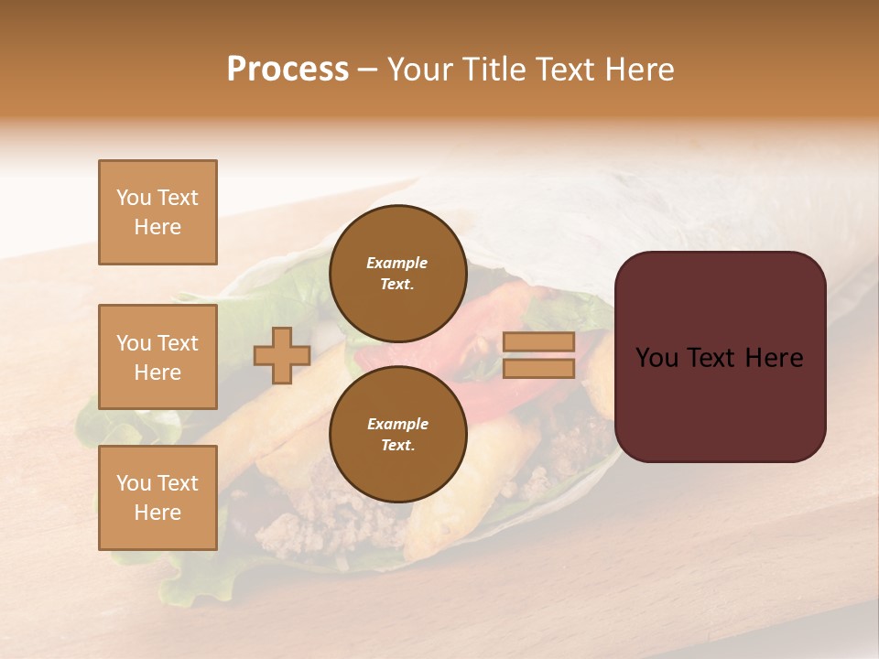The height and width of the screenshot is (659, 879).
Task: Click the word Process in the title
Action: [288, 70]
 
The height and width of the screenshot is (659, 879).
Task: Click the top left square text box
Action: [157, 212]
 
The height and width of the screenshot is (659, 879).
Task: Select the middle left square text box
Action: [157, 357]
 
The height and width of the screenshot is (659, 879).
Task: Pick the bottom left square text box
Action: [157, 498]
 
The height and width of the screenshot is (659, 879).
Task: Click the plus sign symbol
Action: [282, 355]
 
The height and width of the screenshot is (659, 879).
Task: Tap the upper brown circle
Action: [397, 273]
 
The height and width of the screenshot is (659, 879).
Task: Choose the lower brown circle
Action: [397, 434]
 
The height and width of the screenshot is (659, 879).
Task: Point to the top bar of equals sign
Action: [539, 342]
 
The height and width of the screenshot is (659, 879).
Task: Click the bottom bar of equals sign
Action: [539, 368]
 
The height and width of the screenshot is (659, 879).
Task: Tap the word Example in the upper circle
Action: [397, 263]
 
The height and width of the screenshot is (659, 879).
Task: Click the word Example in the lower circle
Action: [397, 424]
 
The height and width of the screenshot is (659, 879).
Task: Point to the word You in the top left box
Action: [134, 198]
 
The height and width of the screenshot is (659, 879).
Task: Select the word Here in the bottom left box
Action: [157, 513]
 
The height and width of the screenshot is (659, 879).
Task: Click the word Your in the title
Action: [423, 70]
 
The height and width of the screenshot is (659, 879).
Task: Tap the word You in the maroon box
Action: [657, 358]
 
